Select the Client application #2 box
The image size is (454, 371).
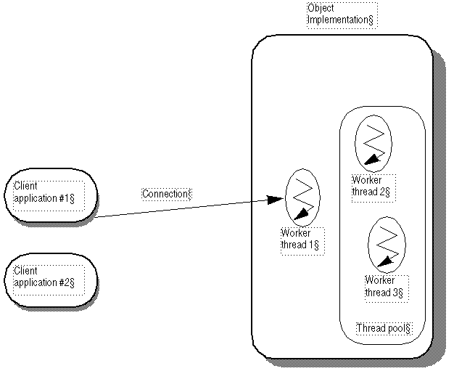tap(51, 280)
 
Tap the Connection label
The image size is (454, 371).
tap(166, 194)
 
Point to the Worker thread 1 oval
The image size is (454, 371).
tap(301, 196)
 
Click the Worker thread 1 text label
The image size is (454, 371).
tap(300, 239)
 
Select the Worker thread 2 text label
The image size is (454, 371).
tap(371, 187)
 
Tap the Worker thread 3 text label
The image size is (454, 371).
tap(384, 286)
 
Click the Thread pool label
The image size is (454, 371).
tap(384, 328)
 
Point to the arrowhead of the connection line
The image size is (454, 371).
tap(276, 199)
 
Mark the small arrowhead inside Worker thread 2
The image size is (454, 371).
tap(371, 159)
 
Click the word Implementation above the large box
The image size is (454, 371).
tap(339, 20)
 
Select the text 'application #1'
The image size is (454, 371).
tap(44, 197)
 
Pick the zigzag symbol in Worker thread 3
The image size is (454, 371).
tap(388, 240)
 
